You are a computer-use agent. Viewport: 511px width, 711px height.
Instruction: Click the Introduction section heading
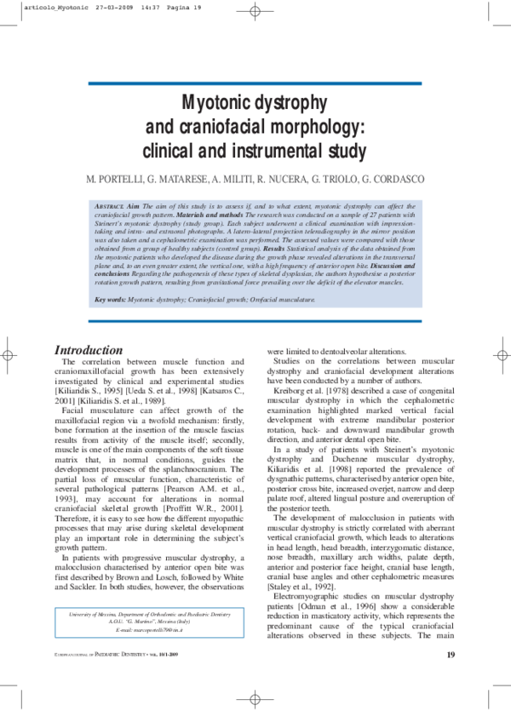pyautogui.click(x=89, y=350)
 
